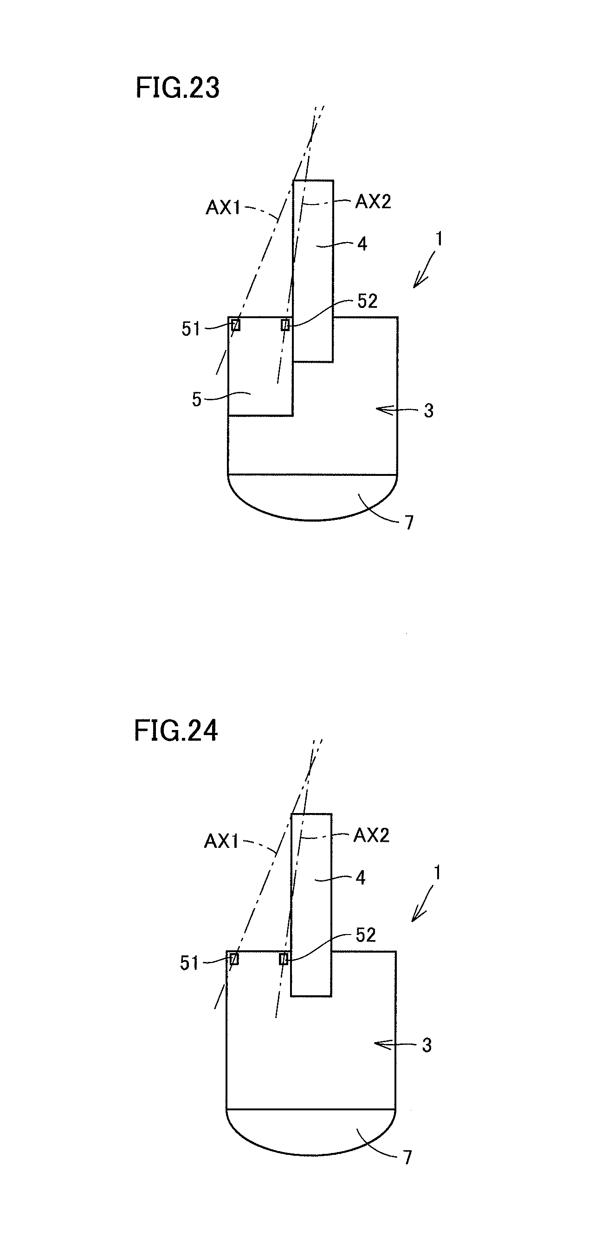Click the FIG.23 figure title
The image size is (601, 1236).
pos(178,88)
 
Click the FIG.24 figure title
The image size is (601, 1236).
pos(176,731)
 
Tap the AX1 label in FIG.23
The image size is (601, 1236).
pos(223,208)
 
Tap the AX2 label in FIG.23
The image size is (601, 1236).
pos(373,202)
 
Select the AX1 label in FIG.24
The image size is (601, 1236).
pos(221,841)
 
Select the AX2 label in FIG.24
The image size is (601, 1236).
pos(371,835)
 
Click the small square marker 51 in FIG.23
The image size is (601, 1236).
pos(236,325)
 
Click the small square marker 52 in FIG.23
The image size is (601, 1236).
pos(285,325)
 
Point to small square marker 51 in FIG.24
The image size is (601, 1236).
pos(234,959)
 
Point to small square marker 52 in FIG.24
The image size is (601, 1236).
pos(284,959)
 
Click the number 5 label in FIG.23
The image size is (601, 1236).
pos(197,399)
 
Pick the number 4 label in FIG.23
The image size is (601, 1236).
pos(362,244)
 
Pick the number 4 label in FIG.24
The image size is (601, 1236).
pos(361,878)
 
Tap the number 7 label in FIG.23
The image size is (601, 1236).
pos(409,523)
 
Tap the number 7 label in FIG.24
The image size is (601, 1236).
pos(407,1157)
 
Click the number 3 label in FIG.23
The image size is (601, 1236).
pos(429,411)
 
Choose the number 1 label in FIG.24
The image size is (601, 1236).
pos(437,873)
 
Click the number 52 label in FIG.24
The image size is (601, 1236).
pos(366,935)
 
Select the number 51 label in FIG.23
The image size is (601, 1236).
pos(191,329)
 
